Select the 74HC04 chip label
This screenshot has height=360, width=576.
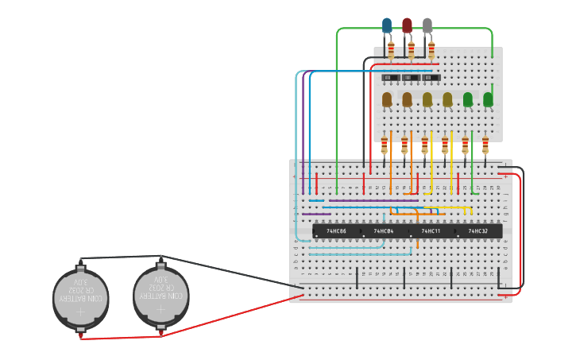pos(384,231)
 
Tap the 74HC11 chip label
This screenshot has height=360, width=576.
pos(431,231)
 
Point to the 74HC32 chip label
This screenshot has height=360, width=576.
pos(477,231)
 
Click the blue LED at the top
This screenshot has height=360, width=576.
pos(387,25)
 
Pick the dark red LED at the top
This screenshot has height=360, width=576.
pos(407,25)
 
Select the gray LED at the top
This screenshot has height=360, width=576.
pos(427,25)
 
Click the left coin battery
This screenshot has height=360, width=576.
pos(79,299)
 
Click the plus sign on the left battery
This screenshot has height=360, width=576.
pos(79,314)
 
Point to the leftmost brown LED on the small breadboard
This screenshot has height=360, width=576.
pos(387,99)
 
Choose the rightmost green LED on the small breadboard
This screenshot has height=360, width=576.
pos(488,99)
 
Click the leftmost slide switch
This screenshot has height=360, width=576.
pos(391,77)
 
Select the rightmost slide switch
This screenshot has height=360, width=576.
pos(431,77)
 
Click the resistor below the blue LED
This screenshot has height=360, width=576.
pos(390,51)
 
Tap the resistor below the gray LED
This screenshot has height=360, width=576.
pos(431,51)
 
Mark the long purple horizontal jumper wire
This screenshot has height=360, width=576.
pos(316,214)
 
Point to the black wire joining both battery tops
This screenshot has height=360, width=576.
pos(119,257)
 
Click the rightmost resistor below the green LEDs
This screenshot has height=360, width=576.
pos(485,145)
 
